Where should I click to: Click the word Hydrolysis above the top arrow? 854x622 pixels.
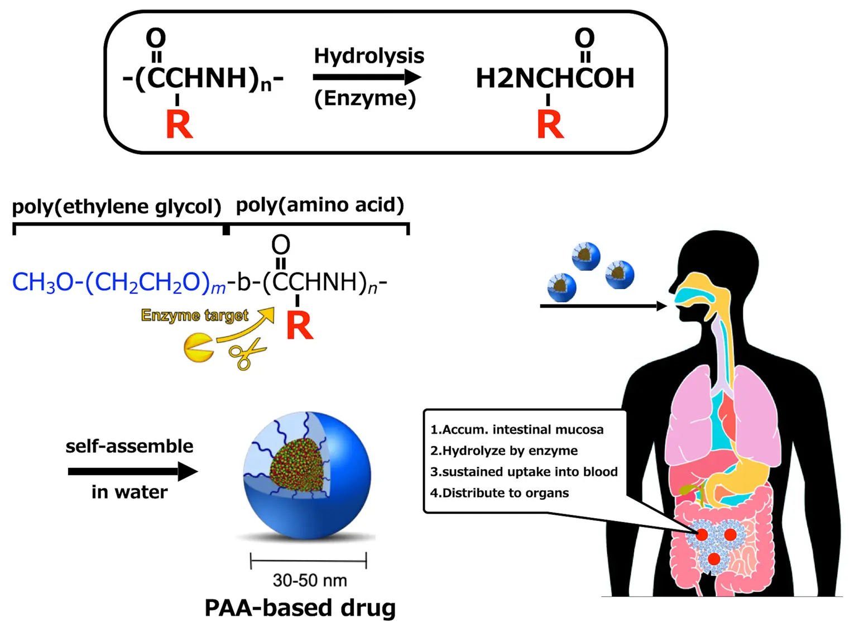[x=369, y=56]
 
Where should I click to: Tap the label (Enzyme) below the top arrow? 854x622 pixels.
[x=365, y=98]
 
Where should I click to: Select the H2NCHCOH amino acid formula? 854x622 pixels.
[x=555, y=78]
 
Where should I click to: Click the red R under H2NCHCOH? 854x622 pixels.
[x=550, y=125]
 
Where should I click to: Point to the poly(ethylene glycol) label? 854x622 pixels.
[x=117, y=207]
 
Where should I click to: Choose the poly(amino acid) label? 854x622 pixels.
[x=320, y=205]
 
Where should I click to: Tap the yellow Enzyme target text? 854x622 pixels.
[x=194, y=315]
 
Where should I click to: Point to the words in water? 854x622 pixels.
[x=129, y=492]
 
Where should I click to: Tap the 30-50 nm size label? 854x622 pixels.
[x=310, y=580]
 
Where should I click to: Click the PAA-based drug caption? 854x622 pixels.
[x=300, y=607]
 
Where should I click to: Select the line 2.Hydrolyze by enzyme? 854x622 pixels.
[x=504, y=451]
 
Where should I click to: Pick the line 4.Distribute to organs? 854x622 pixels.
[x=500, y=493]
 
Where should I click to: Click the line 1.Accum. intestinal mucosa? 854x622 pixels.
[x=517, y=429]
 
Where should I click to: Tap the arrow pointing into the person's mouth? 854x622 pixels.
[x=603, y=306]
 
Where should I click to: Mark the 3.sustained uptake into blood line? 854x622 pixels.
[x=524, y=472]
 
